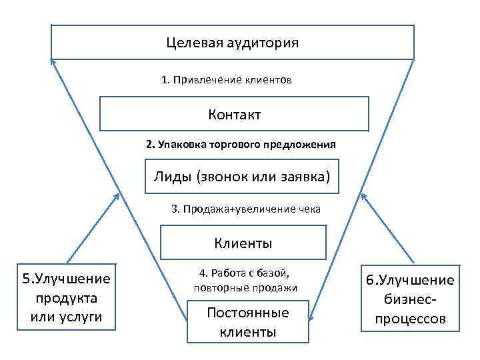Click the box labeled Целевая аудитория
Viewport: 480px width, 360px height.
pyautogui.click(x=233, y=42)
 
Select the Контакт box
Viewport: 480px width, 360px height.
pyautogui.click(x=234, y=114)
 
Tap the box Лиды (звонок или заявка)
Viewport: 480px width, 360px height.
pyautogui.click(x=241, y=177)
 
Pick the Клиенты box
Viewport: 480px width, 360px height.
pyautogui.click(x=243, y=242)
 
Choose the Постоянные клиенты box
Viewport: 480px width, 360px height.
pyautogui.click(x=247, y=322)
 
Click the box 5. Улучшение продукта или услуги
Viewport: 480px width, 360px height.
pyautogui.click(x=67, y=297)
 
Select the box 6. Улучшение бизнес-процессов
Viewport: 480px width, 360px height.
pyautogui.click(x=410, y=299)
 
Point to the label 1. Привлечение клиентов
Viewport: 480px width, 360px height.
pyautogui.click(x=226, y=80)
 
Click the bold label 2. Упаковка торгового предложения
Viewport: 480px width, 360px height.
pyautogui.click(x=241, y=144)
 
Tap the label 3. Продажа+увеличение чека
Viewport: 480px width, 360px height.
pyautogui.click(x=246, y=209)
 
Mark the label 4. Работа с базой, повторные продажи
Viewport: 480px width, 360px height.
pyautogui.click(x=245, y=280)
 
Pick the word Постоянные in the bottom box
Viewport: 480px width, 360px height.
pyautogui.click(x=247, y=313)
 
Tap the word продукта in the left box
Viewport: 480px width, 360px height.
pyautogui.click(x=67, y=297)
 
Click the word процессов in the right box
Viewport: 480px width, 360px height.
pyautogui.click(x=410, y=319)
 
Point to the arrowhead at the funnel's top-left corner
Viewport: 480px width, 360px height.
pyautogui.click(x=53, y=61)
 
